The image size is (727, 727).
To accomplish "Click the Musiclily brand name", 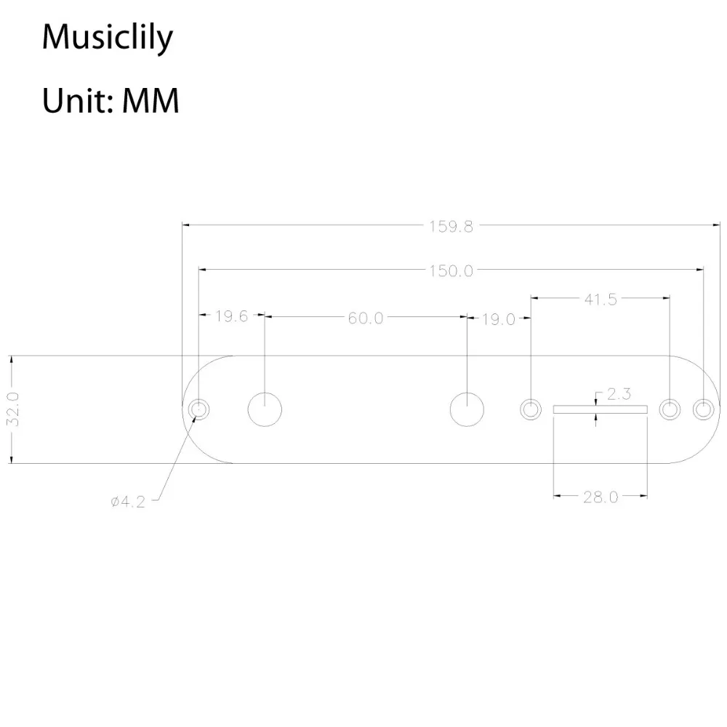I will pyautogui.click(x=107, y=38).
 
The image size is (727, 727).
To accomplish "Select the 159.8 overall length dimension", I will pyautogui.click(x=451, y=226).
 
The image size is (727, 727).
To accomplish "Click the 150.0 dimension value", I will pyautogui.click(x=451, y=271).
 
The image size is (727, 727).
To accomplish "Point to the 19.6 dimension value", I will pyautogui.click(x=232, y=316).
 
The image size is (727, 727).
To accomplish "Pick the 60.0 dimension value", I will pyautogui.click(x=365, y=318).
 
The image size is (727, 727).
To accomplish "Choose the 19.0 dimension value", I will pyautogui.click(x=498, y=318).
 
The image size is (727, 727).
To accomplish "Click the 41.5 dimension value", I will pyautogui.click(x=601, y=299).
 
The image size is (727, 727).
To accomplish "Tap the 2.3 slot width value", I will pyautogui.click(x=619, y=395).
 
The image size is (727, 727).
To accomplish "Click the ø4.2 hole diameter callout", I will pyautogui.click(x=128, y=502).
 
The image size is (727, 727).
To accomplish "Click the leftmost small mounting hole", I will pyautogui.click(x=197, y=409).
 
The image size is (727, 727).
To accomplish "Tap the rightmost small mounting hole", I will pyautogui.click(x=703, y=409).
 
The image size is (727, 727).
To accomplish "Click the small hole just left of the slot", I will pyautogui.click(x=531, y=409).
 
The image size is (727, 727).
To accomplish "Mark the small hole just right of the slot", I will pyautogui.click(x=670, y=409).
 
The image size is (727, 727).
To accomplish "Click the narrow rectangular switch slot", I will pyautogui.click(x=600, y=409).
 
